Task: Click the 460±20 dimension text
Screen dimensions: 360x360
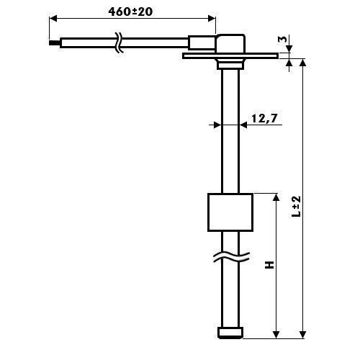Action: coord(130,12)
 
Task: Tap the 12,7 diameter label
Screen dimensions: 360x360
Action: coord(264,118)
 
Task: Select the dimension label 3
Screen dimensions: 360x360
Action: coord(283,39)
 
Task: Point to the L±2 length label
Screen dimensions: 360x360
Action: coord(296,207)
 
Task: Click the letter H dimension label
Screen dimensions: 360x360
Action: coord(269,265)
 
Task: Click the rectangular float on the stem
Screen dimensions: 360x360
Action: coord(230,212)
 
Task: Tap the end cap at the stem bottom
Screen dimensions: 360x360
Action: coord(230,333)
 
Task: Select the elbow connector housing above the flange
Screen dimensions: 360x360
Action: coord(230,43)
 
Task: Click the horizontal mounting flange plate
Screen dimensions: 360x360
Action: coord(230,56)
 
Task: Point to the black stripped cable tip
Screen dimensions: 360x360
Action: coord(54,43)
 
